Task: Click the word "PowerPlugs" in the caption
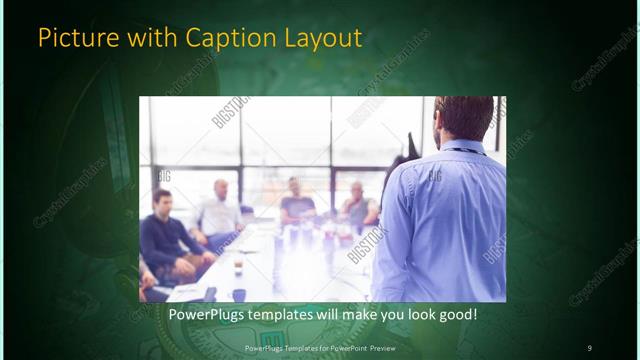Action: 206,314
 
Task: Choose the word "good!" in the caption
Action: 455,314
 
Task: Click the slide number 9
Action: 589,347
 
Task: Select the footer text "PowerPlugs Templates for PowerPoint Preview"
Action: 319,347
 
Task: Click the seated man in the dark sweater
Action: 163,240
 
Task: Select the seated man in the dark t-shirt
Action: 297,205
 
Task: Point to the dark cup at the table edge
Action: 239,295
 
